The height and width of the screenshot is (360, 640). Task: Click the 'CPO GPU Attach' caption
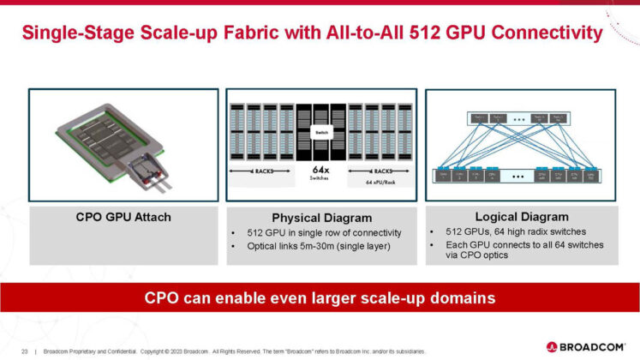point(124,217)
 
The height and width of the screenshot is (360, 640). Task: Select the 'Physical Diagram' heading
point(320,218)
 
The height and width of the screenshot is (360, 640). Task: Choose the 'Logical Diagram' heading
point(523,216)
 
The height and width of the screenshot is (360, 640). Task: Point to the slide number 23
point(25,350)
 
